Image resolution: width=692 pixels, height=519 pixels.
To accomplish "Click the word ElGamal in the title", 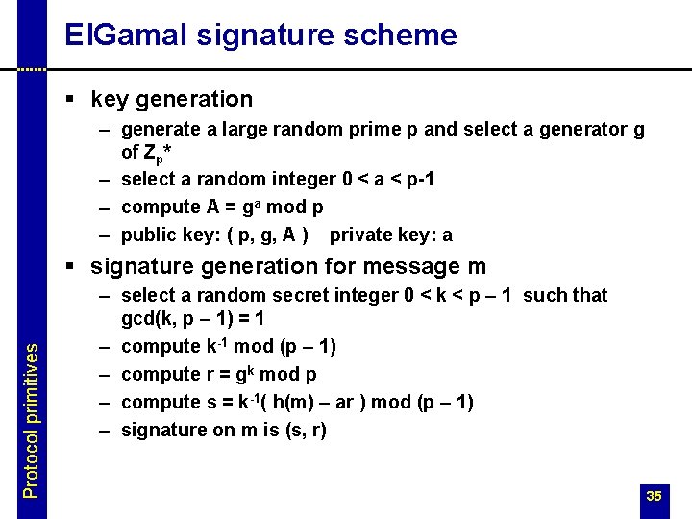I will click(128, 36).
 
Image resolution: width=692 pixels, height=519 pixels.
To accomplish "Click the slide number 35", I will click(654, 496).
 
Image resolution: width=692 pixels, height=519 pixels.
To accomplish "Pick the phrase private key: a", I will click(390, 235).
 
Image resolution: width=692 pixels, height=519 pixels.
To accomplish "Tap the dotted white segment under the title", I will click(32, 69).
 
